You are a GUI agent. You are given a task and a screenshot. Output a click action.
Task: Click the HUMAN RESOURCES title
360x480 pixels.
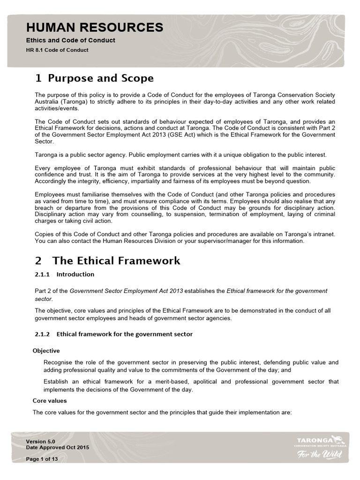pyautogui.click(x=95, y=28)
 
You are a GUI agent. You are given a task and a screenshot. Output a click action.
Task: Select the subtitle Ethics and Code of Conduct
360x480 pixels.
pyautogui.click(x=70, y=40)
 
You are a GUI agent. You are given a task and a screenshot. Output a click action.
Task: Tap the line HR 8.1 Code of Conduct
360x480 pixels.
pyautogui.click(x=57, y=50)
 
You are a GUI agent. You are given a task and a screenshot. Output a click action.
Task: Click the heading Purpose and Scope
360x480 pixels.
pyautogui.click(x=101, y=78)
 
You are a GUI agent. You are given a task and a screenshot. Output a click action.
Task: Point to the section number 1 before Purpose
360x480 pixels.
pyautogui.click(x=39, y=78)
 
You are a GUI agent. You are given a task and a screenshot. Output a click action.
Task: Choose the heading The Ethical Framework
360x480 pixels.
pyautogui.click(x=116, y=261)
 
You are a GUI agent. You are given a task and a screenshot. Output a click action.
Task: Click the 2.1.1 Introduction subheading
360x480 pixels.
pyautogui.click(x=65, y=274)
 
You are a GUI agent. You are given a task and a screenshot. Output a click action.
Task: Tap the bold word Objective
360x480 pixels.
pyautogui.click(x=46, y=351)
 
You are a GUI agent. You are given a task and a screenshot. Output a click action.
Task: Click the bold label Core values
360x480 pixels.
pyautogui.click(x=50, y=401)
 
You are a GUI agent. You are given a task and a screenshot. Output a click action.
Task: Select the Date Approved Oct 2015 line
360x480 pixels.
pyautogui.click(x=57, y=448)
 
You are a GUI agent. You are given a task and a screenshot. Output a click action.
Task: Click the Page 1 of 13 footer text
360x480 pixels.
pyautogui.click(x=42, y=459)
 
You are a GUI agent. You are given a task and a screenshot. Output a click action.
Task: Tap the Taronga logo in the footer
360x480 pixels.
pyautogui.click(x=321, y=441)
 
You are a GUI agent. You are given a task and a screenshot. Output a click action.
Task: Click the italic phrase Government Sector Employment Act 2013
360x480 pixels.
pyautogui.click(x=126, y=291)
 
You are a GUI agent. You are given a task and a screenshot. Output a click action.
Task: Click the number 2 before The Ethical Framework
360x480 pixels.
pyautogui.click(x=39, y=261)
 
